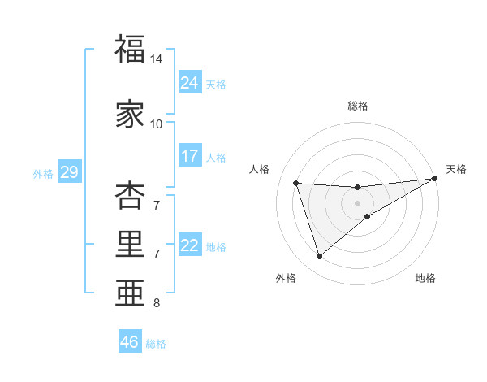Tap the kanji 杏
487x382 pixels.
pos(130,196)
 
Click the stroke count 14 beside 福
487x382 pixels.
pos(157,59)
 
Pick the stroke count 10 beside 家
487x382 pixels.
pos(157,124)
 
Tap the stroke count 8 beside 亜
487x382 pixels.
pos(157,303)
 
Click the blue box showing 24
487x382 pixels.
pos(190,82)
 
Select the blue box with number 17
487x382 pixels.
pos(190,156)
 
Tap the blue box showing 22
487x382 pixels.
pos(190,245)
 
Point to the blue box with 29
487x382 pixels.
pos(69,172)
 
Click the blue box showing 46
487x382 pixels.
pos(130,342)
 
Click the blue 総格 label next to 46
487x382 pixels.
pos(156,344)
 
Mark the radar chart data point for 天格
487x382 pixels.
pos(435,178)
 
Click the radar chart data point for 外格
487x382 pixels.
pos(319,257)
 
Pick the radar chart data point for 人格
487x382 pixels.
pos(296,183)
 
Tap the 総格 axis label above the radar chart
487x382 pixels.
pos(358,106)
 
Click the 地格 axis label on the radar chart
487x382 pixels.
pos(425,279)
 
